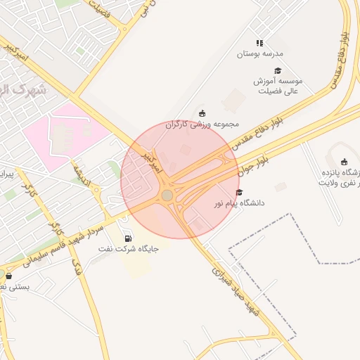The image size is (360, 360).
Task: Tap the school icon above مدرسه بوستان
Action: click(259, 43)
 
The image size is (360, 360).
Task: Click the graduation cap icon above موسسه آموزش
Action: click(278, 71)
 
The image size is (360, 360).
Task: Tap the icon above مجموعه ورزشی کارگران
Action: click(203, 113)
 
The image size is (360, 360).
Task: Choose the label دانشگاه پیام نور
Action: click(243, 203)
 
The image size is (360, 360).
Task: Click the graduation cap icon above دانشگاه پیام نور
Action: click(239, 192)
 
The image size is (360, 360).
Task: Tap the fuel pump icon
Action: click(127, 238)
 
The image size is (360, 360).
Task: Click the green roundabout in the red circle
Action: click(167, 195)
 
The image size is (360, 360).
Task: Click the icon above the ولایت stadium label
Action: click(344, 162)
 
